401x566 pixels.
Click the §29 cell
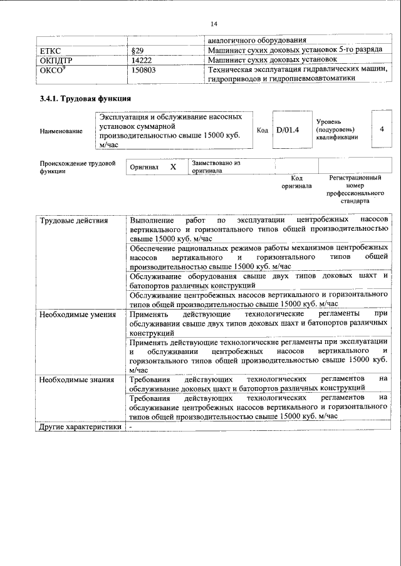click(138, 49)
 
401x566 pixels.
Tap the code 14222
click(143, 59)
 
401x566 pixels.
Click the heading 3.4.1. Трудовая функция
click(85, 99)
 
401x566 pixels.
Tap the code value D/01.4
click(288, 129)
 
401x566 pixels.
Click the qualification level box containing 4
click(382, 129)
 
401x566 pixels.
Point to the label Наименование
click(61, 131)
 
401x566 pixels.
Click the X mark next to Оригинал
click(174, 167)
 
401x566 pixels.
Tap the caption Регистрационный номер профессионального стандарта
click(355, 190)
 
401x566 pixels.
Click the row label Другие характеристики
click(79, 427)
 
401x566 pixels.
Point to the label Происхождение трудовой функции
click(77, 167)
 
